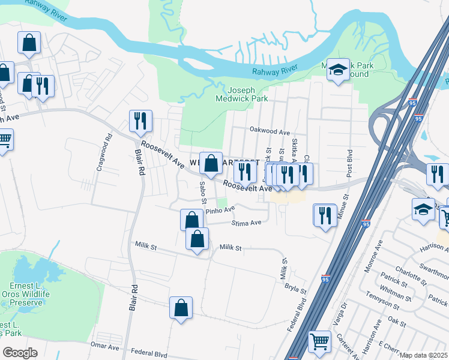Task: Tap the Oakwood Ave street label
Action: [x=270, y=132]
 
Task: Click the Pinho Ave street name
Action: [x=220, y=211]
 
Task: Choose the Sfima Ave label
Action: [x=246, y=223]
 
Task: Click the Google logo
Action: [x=20, y=353]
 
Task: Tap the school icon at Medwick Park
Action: [x=338, y=71]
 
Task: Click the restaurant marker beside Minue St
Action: [x=325, y=215]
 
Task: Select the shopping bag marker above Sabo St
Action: [x=211, y=163]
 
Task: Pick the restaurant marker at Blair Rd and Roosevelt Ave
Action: [x=140, y=121]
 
